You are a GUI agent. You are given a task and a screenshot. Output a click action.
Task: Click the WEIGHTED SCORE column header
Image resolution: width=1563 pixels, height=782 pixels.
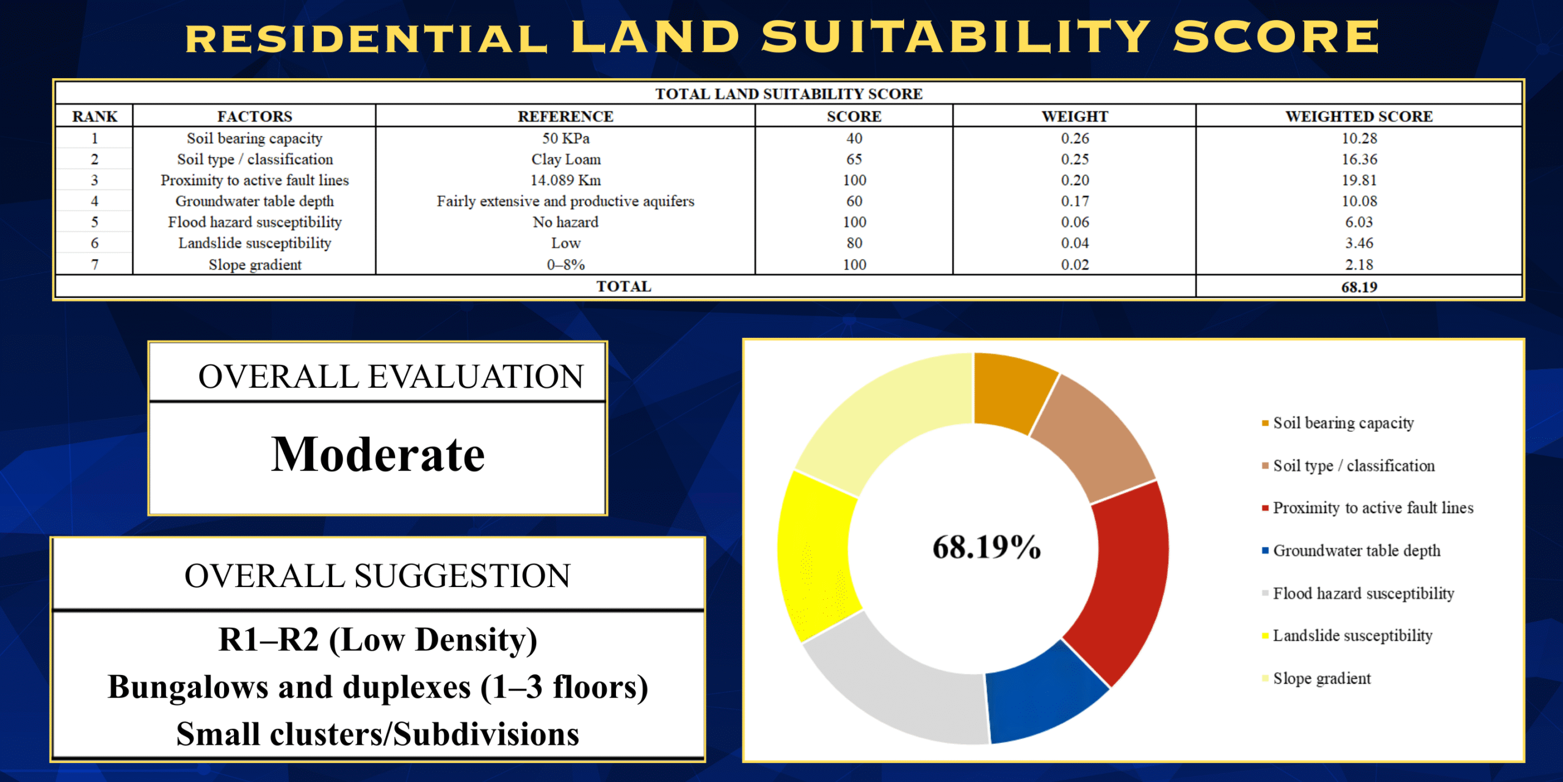point(1358,116)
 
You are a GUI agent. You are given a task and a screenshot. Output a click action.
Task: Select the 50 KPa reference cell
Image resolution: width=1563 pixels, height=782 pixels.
point(566,139)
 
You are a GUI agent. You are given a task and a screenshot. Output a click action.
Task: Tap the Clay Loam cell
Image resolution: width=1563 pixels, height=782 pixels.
point(566,159)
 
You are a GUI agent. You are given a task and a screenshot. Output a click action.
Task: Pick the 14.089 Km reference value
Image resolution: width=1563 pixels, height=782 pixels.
point(566,180)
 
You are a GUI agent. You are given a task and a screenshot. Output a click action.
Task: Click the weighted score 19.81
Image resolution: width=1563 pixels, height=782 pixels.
point(1359,180)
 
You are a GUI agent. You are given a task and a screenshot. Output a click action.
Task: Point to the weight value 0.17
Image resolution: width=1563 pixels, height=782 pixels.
point(1075,201)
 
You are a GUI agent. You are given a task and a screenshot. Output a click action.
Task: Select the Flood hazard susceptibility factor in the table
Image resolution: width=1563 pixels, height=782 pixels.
point(255,222)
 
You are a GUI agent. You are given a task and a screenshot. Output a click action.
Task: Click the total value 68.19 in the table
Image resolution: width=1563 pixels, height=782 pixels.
point(1359,287)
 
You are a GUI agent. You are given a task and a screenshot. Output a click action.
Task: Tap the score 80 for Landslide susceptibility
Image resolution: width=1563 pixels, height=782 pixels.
point(854,243)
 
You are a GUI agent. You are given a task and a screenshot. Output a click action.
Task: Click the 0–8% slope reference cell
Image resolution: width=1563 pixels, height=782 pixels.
point(566,265)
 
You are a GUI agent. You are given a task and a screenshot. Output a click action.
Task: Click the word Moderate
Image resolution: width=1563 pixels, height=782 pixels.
point(378,455)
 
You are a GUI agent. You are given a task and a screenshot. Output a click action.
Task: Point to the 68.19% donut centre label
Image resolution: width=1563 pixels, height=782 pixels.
point(987,547)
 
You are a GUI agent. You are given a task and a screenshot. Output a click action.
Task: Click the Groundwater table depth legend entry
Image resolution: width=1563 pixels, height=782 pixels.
point(1351,551)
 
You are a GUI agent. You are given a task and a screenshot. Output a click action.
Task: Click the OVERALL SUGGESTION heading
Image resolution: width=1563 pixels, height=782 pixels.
point(377,576)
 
